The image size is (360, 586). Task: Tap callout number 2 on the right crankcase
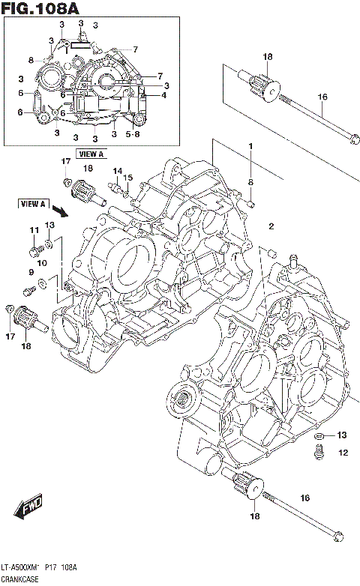click(271, 226)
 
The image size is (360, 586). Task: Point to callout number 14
click(116, 172)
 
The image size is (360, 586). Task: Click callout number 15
click(128, 178)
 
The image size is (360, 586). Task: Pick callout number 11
click(33, 230)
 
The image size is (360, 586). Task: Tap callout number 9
click(31, 272)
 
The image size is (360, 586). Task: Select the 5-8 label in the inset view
click(133, 135)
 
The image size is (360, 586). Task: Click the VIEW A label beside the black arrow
click(34, 203)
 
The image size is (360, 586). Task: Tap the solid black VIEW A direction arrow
click(61, 214)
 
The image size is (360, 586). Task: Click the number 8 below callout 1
click(251, 182)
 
